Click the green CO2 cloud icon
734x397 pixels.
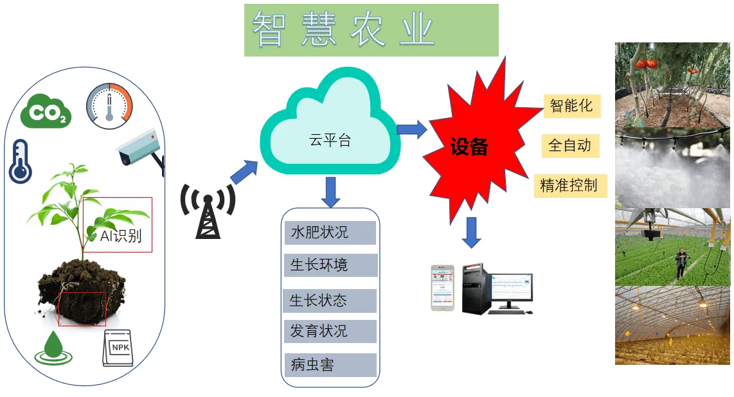click(x=46, y=110)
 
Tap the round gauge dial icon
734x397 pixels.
click(x=109, y=105)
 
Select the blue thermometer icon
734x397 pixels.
click(x=20, y=161)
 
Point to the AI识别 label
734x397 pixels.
click(x=120, y=236)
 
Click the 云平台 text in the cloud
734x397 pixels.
click(x=330, y=141)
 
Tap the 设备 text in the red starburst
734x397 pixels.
click(x=469, y=147)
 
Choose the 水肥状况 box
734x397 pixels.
click(x=330, y=233)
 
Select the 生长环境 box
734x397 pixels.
click(x=330, y=265)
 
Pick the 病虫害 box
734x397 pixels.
click(x=330, y=366)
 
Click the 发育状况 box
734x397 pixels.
click(x=330, y=331)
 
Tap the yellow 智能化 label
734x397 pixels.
click(x=571, y=106)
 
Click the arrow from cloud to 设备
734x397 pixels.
click(x=411, y=129)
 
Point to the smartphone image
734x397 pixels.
click(x=442, y=288)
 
